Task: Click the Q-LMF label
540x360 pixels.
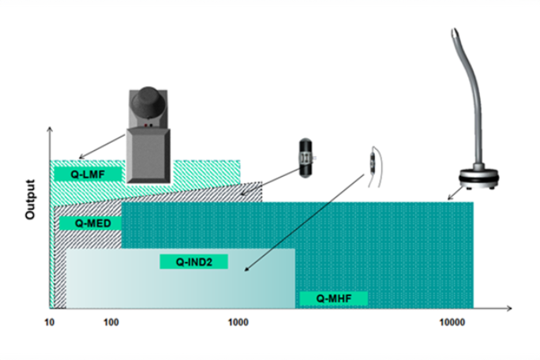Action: pos(88,174)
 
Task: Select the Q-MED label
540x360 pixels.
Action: pos(93,223)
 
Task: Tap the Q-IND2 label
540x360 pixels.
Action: pos(194,262)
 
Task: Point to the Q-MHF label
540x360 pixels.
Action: pos(334,298)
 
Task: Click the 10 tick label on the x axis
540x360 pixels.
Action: pos(50,322)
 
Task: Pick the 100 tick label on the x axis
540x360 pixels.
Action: pos(111,322)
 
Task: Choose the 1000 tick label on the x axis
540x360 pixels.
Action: pos(238,322)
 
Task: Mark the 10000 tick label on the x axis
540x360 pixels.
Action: pos(452,322)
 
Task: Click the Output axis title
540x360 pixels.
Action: pos(30,199)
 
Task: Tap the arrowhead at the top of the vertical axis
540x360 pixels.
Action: pos(50,129)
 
